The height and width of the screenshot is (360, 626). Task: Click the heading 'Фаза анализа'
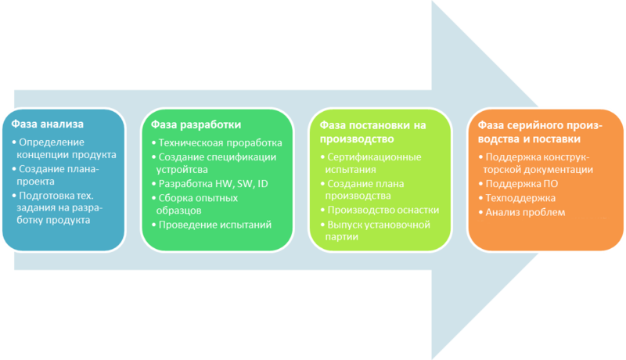47,124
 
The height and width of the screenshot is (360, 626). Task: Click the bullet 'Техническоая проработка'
219,143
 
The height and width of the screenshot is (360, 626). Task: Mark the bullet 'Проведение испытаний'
214,225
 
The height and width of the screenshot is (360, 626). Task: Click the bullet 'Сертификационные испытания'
368,163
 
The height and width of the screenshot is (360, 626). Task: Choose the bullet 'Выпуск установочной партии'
379,232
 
